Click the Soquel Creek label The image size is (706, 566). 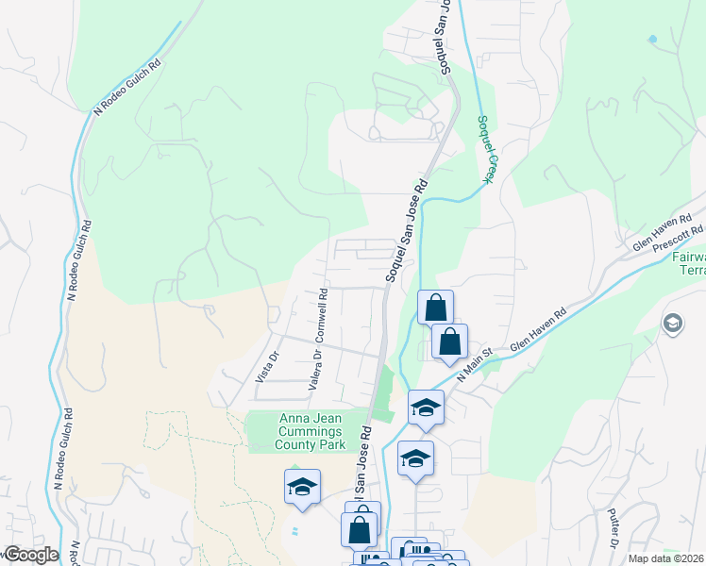click(x=486, y=148)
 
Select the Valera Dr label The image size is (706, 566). click(x=315, y=370)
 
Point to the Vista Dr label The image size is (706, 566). click(x=268, y=366)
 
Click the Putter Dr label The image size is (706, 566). click(x=614, y=531)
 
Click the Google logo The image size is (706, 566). click(x=31, y=555)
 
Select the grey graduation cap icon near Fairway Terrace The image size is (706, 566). click(x=673, y=325)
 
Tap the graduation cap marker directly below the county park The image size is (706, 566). click(x=302, y=487)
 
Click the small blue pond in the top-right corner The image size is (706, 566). click(x=651, y=40)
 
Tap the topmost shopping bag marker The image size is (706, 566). click(x=435, y=307)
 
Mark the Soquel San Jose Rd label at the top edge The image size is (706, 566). click(x=442, y=38)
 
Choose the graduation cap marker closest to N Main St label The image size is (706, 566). click(x=426, y=408)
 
